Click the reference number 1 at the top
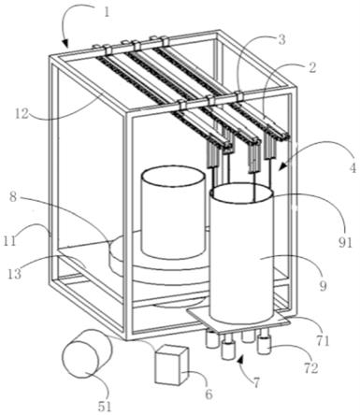point(107,12)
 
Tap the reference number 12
point(22,114)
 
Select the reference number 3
point(281,40)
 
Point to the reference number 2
point(312,67)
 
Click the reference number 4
point(353,168)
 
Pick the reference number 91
point(345,242)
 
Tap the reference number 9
point(324,285)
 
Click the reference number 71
point(323,341)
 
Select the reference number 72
point(311,368)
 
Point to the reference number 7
point(256,382)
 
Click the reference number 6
point(209,394)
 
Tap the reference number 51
point(105,406)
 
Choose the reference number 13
point(15,274)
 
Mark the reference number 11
point(9,241)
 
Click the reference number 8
point(13,197)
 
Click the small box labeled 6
point(172,365)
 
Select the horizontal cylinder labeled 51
point(86,353)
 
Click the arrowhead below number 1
point(65,44)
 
